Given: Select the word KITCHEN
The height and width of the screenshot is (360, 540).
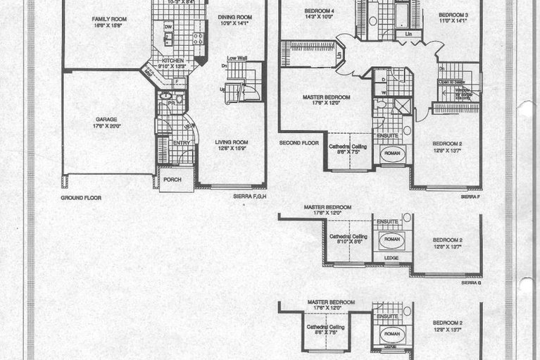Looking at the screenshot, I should [x=173, y=61].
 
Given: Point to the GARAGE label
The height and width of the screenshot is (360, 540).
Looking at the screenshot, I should [x=107, y=120].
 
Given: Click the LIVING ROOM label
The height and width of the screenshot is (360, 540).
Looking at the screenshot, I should [x=232, y=142].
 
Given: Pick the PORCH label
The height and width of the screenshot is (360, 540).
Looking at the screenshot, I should [x=172, y=180].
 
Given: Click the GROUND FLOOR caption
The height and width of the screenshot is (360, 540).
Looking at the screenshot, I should [x=82, y=198].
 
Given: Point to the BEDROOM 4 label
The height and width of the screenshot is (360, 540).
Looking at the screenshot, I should [x=320, y=11].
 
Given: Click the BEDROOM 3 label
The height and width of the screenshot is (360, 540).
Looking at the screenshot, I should [x=453, y=15].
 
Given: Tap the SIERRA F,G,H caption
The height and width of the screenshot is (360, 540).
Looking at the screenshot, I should [x=248, y=199].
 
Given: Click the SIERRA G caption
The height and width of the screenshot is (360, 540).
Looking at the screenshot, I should [x=470, y=282].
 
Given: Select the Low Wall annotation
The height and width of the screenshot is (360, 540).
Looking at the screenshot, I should [x=236, y=58].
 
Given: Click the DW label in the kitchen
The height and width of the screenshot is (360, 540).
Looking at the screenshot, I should [x=168, y=27].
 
